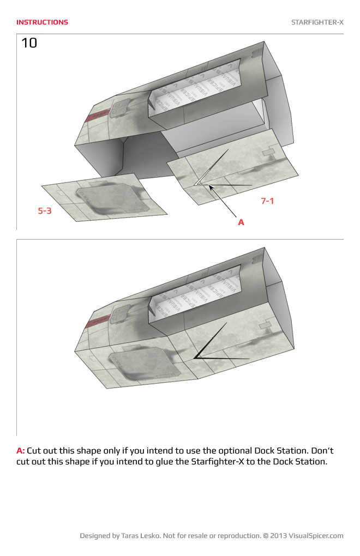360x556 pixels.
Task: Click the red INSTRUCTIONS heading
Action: pos(42,22)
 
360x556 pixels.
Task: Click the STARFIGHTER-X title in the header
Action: pos(317,22)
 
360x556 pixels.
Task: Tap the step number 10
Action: pos(29,44)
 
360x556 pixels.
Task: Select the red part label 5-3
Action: pos(45,210)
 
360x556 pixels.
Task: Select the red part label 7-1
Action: pos(267,201)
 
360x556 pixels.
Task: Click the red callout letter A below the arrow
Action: pos(241,222)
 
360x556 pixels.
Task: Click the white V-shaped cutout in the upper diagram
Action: pos(203,180)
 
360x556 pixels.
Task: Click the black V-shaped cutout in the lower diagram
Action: pos(203,352)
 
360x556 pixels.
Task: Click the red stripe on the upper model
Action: pos(97,115)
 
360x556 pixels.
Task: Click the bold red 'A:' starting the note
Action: pos(21,451)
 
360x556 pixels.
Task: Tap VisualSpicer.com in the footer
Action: pos(316,536)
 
